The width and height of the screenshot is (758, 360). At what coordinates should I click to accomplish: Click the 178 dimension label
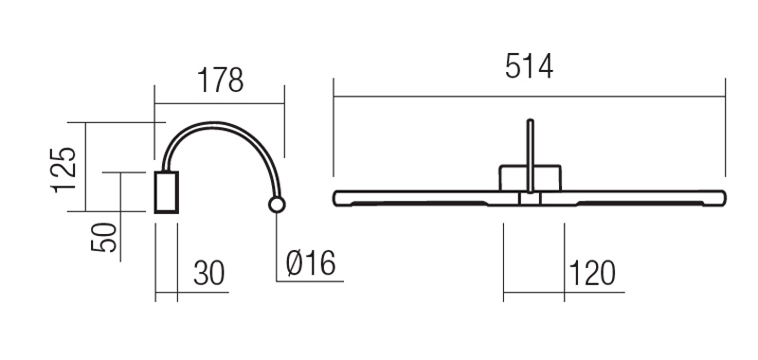coord(221,81)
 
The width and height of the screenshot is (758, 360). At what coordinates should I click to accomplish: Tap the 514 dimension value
coord(529,66)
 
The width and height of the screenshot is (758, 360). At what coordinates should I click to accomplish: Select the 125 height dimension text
coord(63,170)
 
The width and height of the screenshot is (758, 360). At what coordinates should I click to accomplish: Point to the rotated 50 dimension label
coord(104,237)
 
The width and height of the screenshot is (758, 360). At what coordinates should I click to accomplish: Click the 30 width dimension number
coord(209,273)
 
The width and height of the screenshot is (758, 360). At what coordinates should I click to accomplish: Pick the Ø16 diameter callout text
coord(311,263)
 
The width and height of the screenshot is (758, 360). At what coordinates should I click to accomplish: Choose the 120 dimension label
coord(591,273)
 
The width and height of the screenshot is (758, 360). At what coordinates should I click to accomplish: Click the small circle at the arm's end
coord(277,205)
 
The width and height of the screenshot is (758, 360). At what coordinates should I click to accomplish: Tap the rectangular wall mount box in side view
coord(167,192)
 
